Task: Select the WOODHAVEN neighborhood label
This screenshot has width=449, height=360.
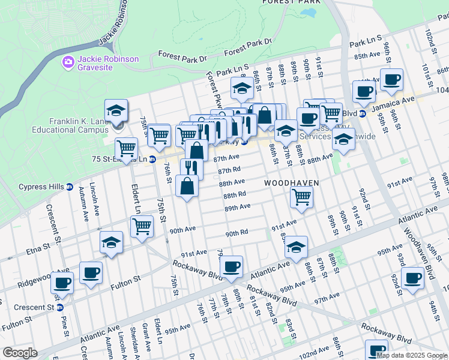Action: tap(290, 182)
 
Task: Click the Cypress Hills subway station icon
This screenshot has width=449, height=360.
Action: tap(69, 187)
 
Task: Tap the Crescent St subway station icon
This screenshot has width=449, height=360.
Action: tap(59, 307)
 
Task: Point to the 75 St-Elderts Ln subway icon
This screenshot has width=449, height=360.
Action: tap(152, 160)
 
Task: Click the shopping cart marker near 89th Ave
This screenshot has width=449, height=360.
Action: tap(301, 196)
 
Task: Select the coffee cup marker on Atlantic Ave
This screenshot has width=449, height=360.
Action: tap(231, 266)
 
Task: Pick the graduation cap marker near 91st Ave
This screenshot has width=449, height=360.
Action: tap(295, 246)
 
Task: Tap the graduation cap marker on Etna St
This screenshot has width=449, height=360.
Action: tap(111, 242)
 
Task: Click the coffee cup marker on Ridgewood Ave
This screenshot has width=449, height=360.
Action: tap(91, 272)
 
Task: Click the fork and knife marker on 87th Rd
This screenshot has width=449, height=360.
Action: tap(191, 167)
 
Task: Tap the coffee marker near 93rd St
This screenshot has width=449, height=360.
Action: tap(413, 278)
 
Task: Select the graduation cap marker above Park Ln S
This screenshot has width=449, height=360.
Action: tap(242, 88)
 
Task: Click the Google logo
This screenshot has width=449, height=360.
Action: tap(20, 353)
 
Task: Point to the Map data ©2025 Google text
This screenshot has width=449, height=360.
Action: tap(411, 355)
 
